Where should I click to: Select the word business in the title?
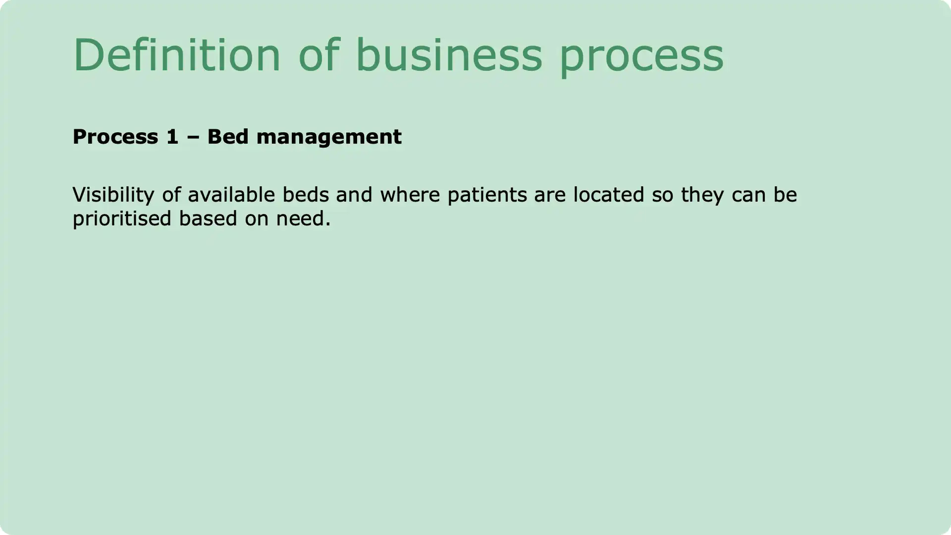click(x=449, y=55)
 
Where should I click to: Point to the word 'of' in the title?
click(x=319, y=55)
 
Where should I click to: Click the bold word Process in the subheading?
click(x=115, y=137)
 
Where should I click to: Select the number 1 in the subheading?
click(x=172, y=137)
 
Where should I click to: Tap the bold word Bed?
click(x=228, y=137)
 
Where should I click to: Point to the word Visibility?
click(x=113, y=195)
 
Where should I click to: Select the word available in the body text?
click(x=231, y=195)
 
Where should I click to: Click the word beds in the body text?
click(x=306, y=195)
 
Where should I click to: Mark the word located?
click(x=608, y=195)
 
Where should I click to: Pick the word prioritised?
click(x=122, y=219)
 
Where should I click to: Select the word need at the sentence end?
click(x=300, y=218)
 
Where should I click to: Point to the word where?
click(x=410, y=195)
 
